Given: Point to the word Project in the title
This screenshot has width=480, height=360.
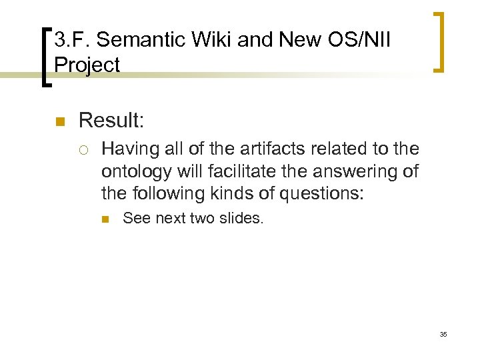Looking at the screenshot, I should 87,65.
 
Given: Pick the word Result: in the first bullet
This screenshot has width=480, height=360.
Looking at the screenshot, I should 111,121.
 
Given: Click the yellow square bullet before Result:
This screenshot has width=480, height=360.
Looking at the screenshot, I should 59,121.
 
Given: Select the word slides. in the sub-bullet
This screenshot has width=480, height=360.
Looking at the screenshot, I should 243,217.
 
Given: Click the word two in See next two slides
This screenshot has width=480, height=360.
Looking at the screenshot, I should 203,217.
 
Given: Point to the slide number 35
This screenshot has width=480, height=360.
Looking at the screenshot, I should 443,334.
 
